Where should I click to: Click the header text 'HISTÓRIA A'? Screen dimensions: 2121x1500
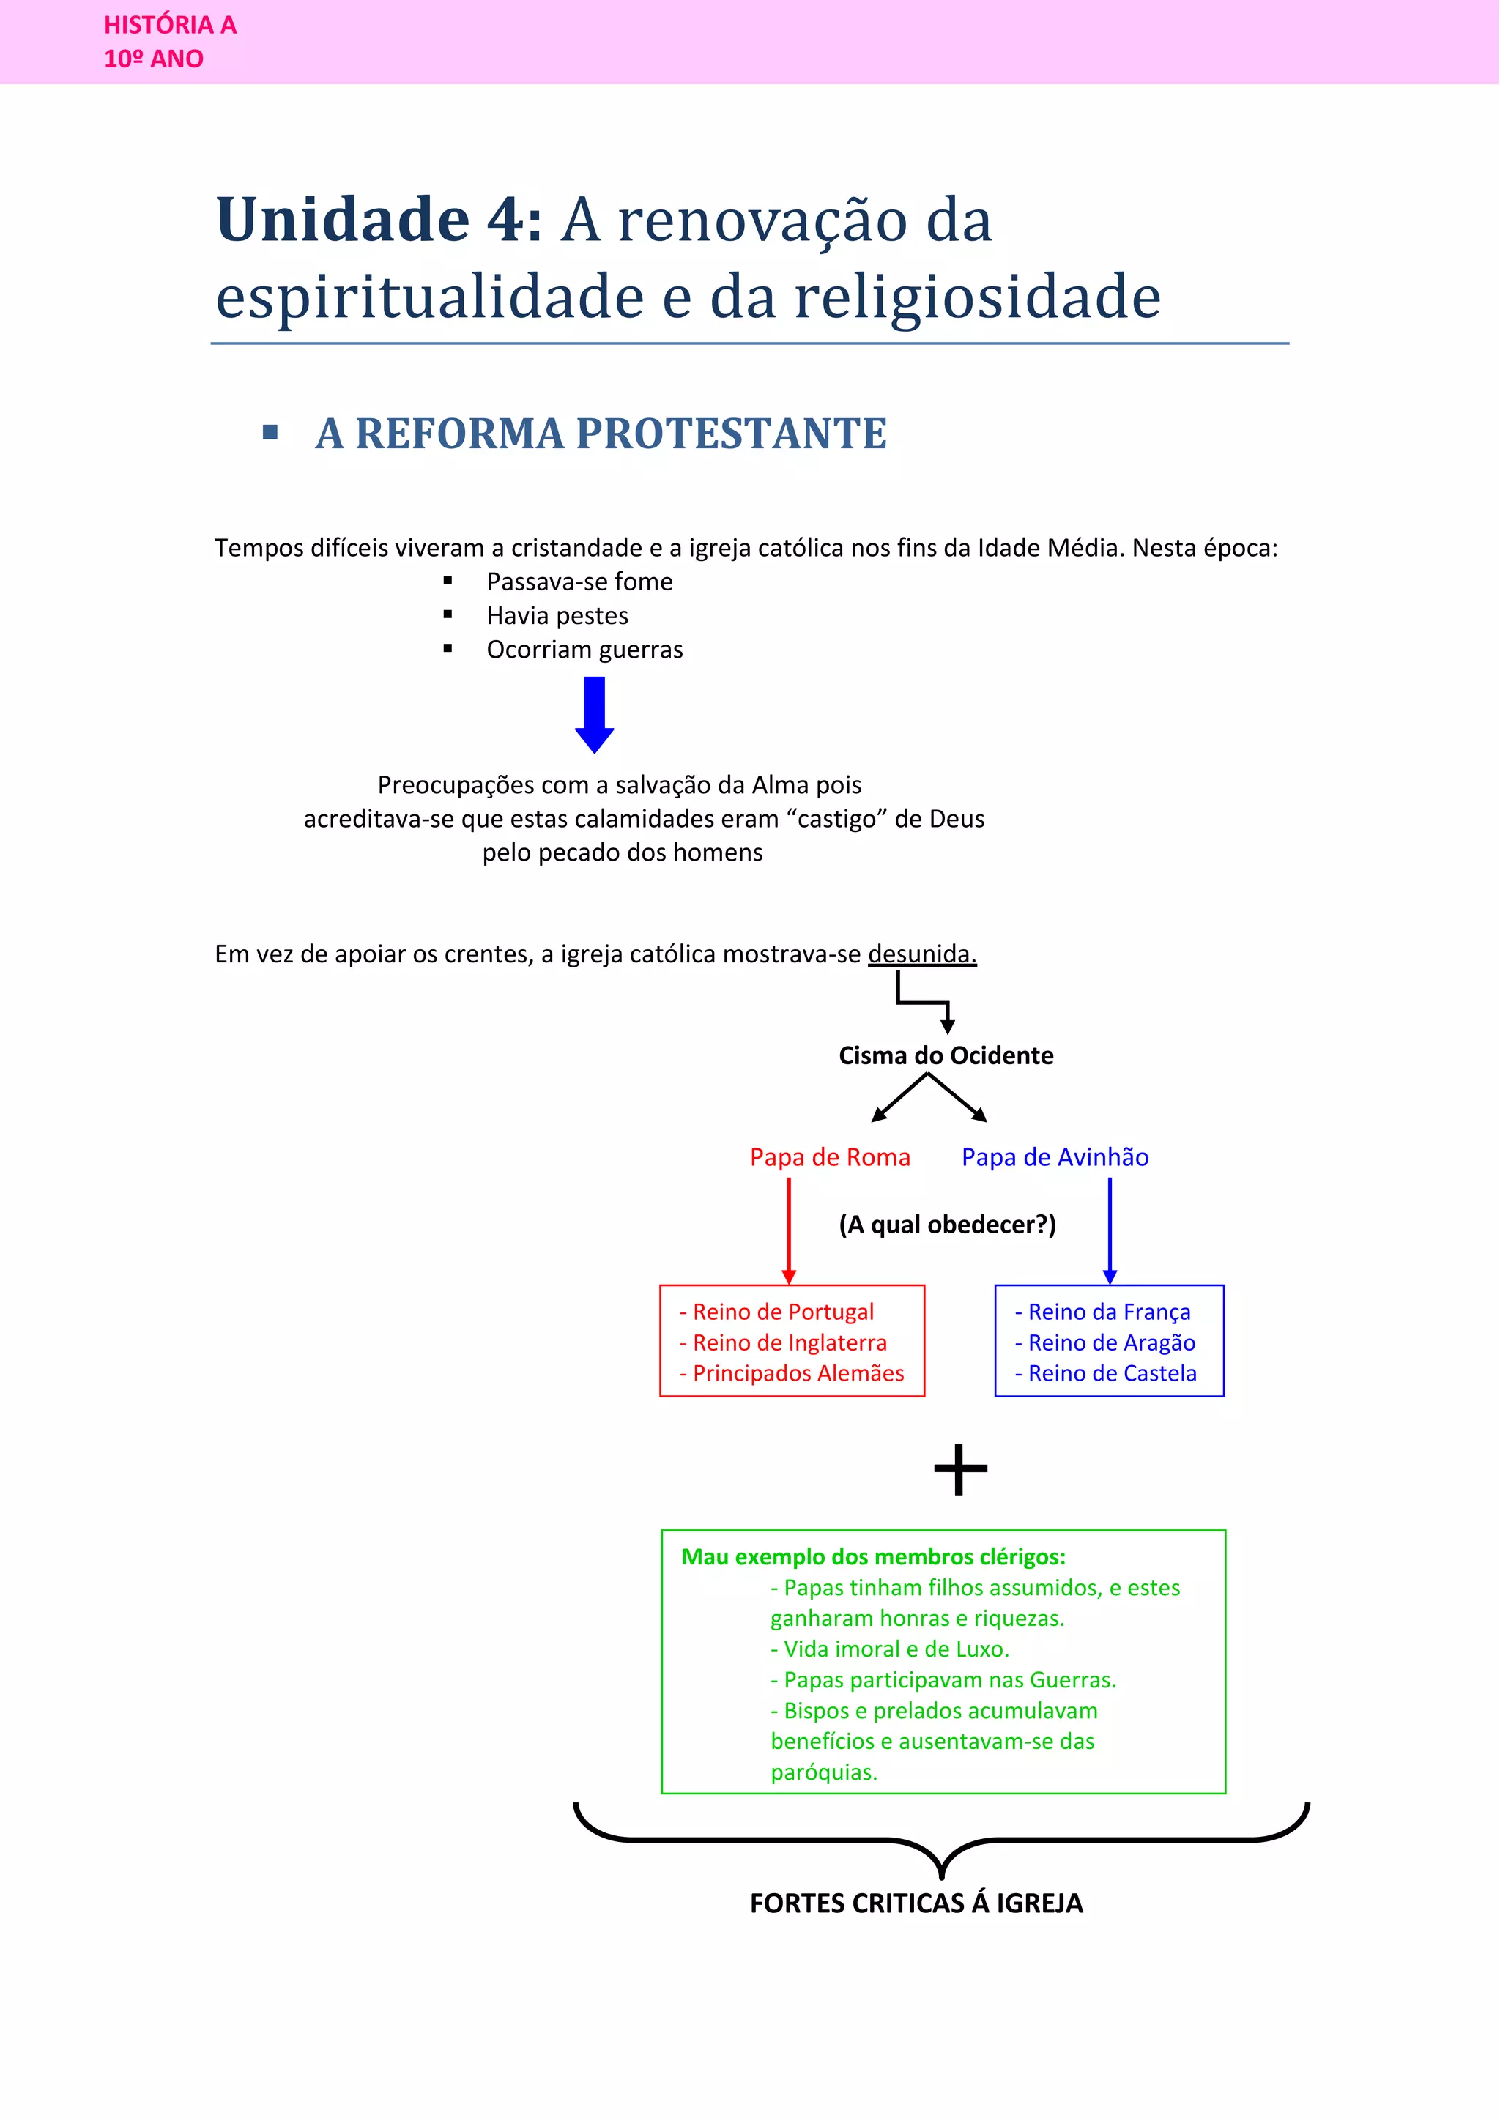pyautogui.click(x=170, y=25)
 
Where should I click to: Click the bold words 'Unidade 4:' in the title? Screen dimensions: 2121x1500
pyautogui.click(x=379, y=220)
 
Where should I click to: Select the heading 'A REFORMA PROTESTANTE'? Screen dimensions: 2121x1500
pyautogui.click(x=601, y=434)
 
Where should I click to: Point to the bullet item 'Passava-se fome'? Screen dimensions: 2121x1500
pyautogui.click(x=579, y=582)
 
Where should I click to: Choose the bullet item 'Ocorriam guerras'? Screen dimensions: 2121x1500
pyautogui.click(x=584, y=650)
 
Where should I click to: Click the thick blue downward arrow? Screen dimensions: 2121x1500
pyautogui.click(x=595, y=714)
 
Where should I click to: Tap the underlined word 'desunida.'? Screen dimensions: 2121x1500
pyautogui.click(x=922, y=954)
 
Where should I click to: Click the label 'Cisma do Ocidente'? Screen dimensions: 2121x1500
pyautogui.click(x=946, y=1056)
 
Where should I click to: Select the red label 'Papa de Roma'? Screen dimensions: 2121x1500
pyautogui.click(x=829, y=1157)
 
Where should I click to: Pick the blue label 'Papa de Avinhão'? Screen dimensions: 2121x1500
pyautogui.click(x=1055, y=1157)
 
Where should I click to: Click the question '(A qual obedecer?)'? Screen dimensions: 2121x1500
pyautogui.click(x=947, y=1225)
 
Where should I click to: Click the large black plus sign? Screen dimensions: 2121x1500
pyautogui.click(x=961, y=1470)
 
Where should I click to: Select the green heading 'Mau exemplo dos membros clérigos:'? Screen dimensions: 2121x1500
pyautogui.click(x=873, y=1558)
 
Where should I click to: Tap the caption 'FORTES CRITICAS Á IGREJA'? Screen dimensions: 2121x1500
pyautogui.click(x=916, y=1904)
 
